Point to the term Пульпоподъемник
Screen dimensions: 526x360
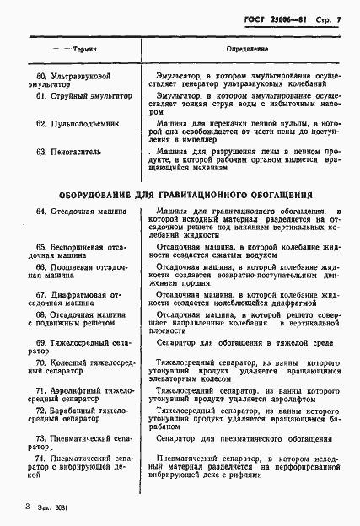91,124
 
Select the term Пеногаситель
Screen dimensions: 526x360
83,152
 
